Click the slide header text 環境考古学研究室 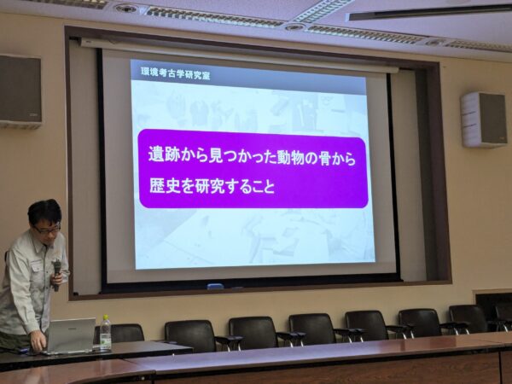[x=175, y=73]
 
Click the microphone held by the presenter [x=57, y=275]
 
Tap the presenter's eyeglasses [x=48, y=230]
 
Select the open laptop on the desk [x=70, y=336]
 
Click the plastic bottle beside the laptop [x=105, y=333]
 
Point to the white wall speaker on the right [x=484, y=119]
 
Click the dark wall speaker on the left [x=20, y=91]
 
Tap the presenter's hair [x=44, y=212]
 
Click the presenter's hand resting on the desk [x=38, y=343]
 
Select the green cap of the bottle [x=105, y=317]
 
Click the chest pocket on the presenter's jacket [x=38, y=272]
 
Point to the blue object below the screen [x=216, y=287]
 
